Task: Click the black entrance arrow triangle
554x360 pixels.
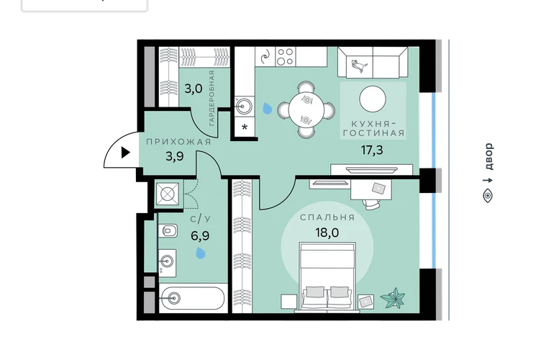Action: pos(125,153)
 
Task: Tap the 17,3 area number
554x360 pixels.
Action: pos(372,150)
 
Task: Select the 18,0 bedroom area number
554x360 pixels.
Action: pos(327,233)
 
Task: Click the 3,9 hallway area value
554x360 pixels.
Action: pos(175,156)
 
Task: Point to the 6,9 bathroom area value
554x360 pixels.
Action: pos(200,235)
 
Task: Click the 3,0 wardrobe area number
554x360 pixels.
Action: pos(194,89)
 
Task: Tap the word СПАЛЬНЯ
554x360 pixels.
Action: pos(327,217)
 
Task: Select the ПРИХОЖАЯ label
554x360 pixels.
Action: pos(178,142)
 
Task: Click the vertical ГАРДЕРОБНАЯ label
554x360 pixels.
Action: pos(212,99)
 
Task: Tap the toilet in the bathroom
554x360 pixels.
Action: pos(168,231)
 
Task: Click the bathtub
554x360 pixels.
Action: pos(193,299)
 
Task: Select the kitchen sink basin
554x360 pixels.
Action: pos(244,105)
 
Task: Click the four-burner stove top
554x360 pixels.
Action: pos(285,57)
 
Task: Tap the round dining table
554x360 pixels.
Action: pos(306,109)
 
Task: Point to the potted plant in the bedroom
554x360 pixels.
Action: pos(393,298)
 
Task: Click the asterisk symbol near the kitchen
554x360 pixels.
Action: pos(245,127)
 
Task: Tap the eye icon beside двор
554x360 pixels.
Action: pos(488,196)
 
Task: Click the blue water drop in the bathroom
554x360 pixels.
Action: pos(201,253)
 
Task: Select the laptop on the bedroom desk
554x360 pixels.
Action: pos(378,189)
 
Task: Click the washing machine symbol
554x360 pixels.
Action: pos(168,194)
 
